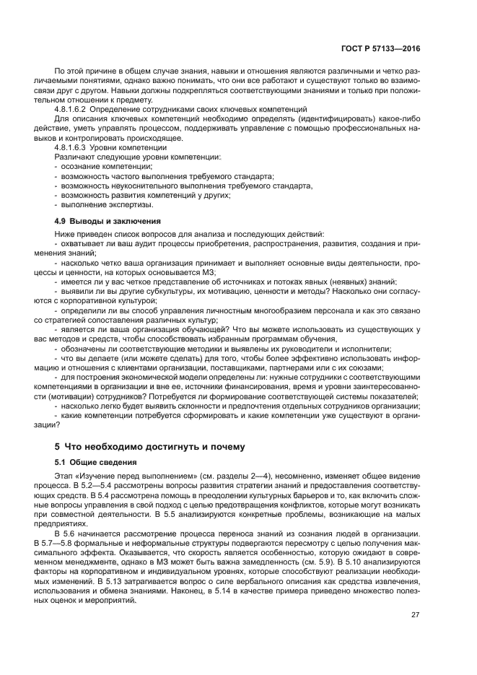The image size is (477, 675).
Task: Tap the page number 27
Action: click(415, 614)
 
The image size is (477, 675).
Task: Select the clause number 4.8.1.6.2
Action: click(74, 108)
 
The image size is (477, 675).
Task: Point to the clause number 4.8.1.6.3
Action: click(74, 147)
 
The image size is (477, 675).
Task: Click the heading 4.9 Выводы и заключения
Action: click(108, 220)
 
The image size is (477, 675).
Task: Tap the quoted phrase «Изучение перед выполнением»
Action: click(127, 476)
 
